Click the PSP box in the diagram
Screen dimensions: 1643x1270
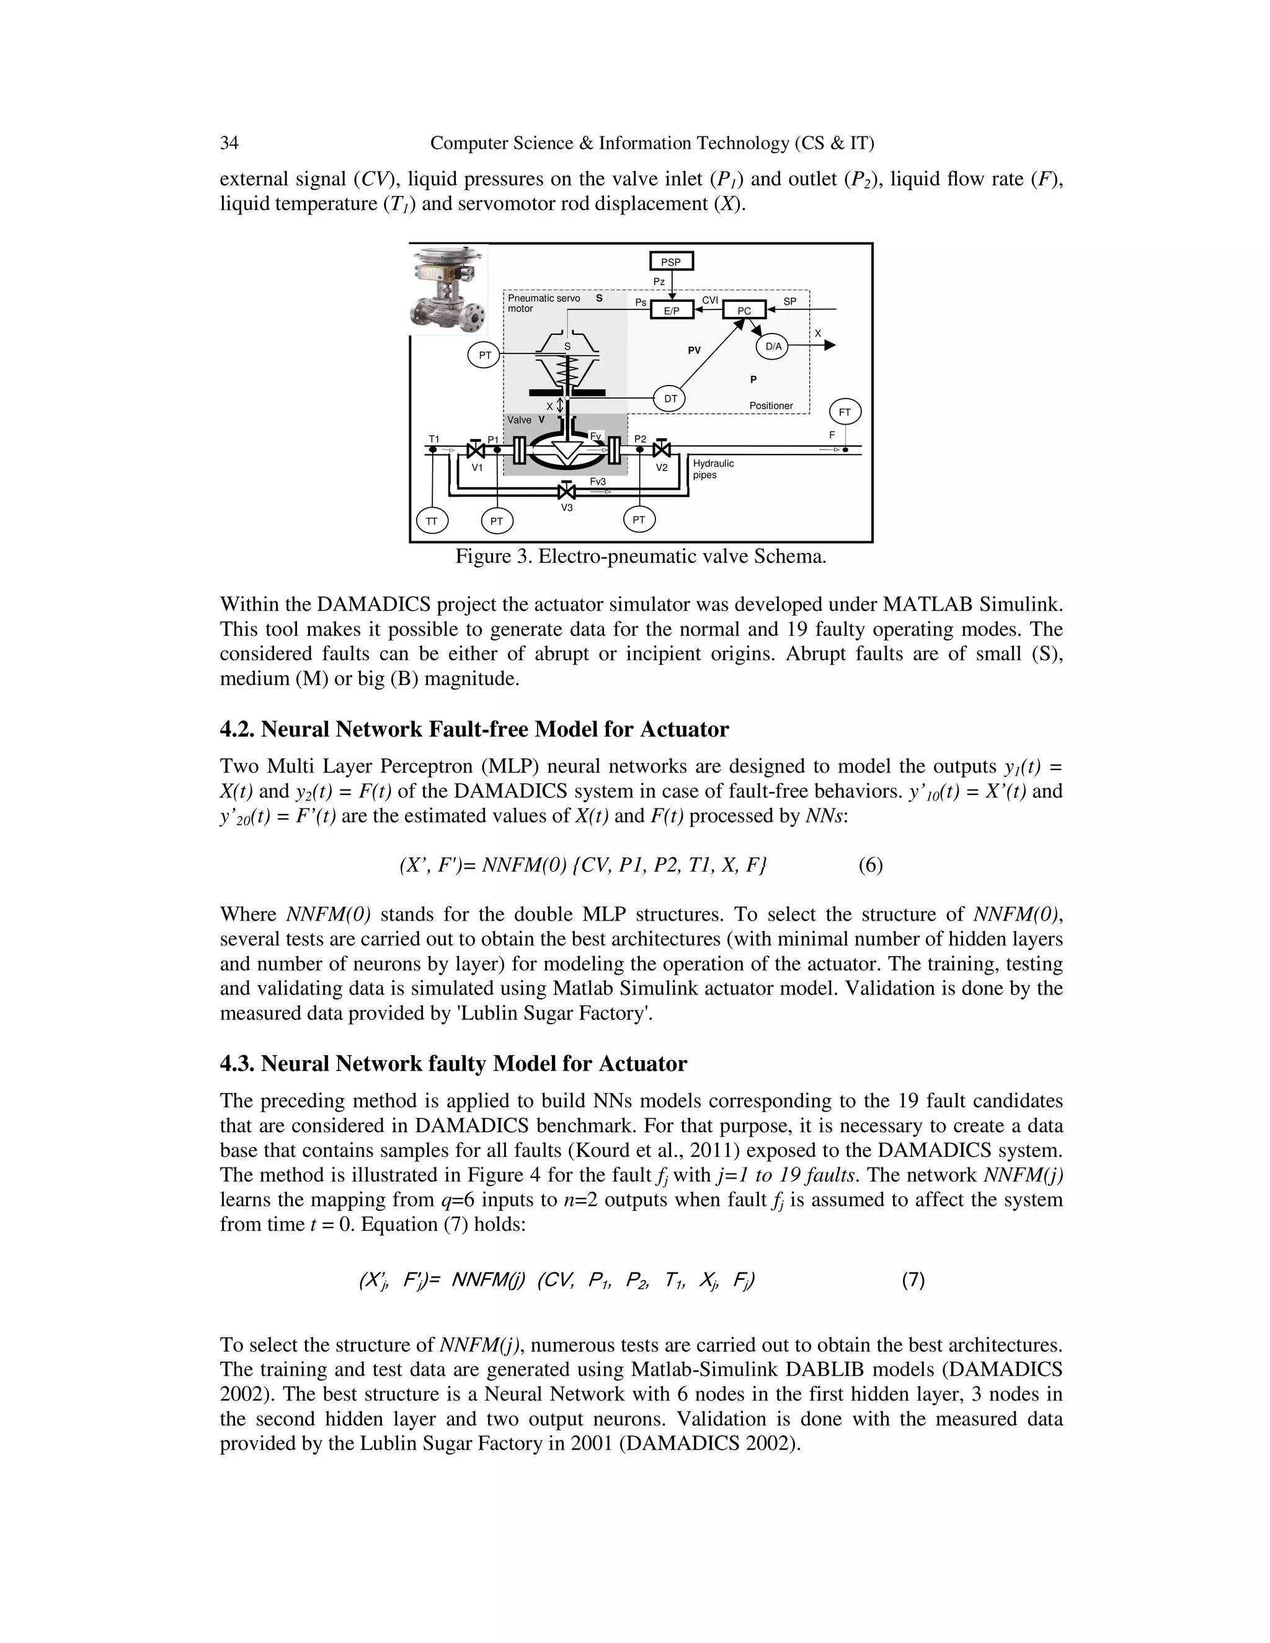click(x=670, y=262)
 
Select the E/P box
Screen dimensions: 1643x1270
click(x=672, y=310)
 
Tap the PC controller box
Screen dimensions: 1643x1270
click(x=744, y=310)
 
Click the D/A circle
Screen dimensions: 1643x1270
click(x=773, y=347)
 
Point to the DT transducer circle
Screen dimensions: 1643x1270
click(x=670, y=399)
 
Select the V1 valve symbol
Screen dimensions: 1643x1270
click(x=476, y=451)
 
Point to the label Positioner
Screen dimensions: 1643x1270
click(x=770, y=406)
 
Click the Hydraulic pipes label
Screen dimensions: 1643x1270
click(x=713, y=469)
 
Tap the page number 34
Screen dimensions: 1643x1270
click(x=229, y=143)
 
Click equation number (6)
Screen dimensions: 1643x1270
click(x=871, y=865)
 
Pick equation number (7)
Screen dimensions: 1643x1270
click(x=913, y=1280)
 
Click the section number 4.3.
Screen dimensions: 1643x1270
click(x=237, y=1064)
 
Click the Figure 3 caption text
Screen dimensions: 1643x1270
click(x=640, y=557)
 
